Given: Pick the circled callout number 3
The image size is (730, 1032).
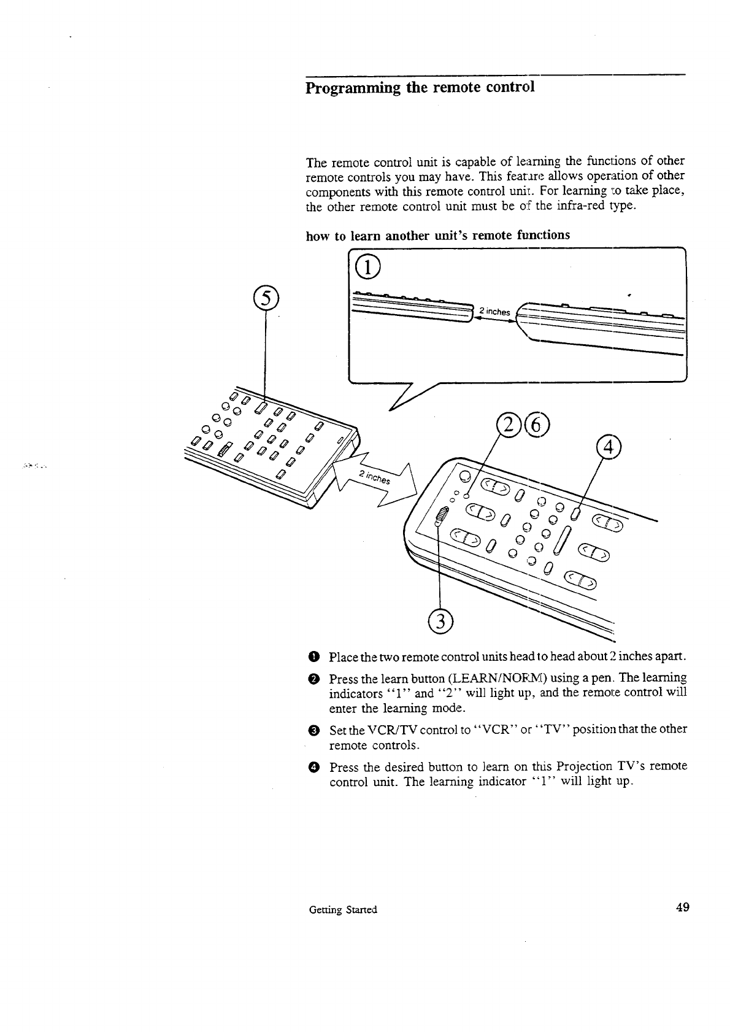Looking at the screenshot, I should [x=440, y=621].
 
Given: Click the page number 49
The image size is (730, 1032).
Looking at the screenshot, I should [x=682, y=907].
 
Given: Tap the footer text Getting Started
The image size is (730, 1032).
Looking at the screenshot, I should [x=344, y=909].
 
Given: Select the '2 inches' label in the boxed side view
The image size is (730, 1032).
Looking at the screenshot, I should [x=494, y=312].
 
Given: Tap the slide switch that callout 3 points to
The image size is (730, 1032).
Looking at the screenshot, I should [x=440, y=518].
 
